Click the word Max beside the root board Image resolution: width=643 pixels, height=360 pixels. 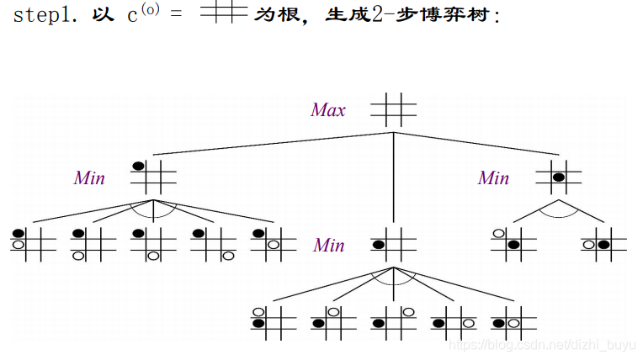click(x=328, y=110)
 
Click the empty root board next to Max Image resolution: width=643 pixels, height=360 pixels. click(x=393, y=109)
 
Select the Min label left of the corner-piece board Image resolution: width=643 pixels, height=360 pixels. click(x=89, y=177)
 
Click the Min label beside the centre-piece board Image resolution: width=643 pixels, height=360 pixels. click(x=493, y=177)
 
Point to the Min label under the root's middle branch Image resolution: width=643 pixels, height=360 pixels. click(x=329, y=245)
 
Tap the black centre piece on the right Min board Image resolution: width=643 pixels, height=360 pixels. click(x=557, y=177)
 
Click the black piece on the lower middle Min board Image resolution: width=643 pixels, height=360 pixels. click(x=380, y=245)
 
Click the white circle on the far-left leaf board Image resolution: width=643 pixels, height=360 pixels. click(x=18, y=245)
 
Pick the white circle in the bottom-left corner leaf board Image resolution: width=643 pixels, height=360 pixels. click(x=78, y=255)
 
